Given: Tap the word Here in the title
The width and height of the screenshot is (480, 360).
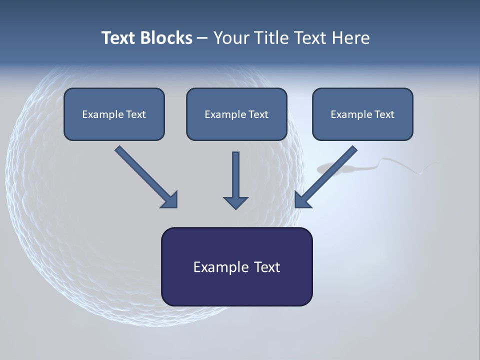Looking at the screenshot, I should coord(350,38).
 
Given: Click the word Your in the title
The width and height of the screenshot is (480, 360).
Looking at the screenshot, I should coord(230,38).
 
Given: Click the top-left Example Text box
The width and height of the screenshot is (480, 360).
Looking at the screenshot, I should coord(114,114).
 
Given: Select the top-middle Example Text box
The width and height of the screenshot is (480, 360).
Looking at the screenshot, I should coord(236,114).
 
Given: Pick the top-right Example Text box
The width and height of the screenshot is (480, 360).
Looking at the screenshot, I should coord(362,114).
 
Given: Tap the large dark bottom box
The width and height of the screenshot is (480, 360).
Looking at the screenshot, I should coord(236,266).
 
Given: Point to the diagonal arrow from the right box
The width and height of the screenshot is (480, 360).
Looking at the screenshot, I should coord(328,175).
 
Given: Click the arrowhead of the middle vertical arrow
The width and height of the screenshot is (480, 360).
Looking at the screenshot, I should coord(235,201).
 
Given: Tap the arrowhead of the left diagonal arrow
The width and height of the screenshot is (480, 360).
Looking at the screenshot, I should coord(170,199).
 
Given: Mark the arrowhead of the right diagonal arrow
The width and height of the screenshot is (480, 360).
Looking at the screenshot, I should coord(302,199).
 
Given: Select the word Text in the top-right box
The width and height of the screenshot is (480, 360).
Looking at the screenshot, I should coord(384,114).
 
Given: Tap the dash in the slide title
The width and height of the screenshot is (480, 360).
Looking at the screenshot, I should coord(202,38).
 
